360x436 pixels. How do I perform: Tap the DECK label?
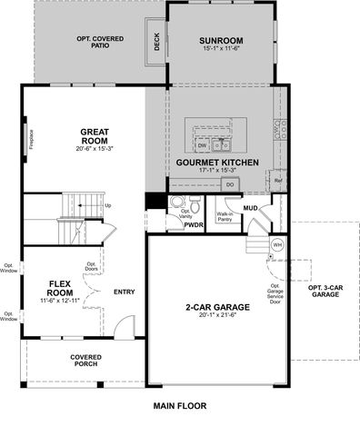click(x=156, y=43)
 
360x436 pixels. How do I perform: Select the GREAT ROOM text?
click(x=94, y=136)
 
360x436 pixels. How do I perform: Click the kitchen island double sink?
click(x=222, y=144)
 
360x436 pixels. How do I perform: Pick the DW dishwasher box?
click(x=202, y=144)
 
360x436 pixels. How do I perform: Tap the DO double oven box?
click(x=230, y=184)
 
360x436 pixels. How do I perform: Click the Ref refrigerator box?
click(x=278, y=182)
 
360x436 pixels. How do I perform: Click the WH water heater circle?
click(x=278, y=245)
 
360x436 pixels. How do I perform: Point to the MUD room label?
click(x=250, y=208)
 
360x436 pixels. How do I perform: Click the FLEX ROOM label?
click(x=60, y=288)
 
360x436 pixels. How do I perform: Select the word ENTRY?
click(x=124, y=292)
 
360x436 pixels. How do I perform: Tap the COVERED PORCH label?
click(x=86, y=362)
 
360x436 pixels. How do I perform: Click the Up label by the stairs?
click(x=109, y=205)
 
